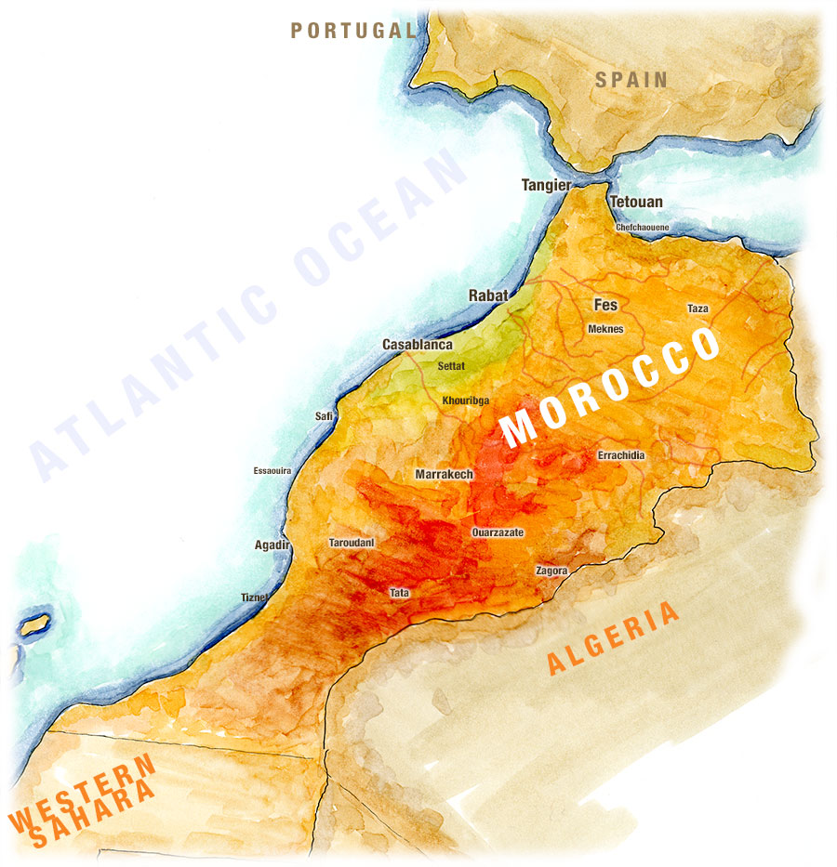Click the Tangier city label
546,185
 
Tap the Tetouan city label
636,202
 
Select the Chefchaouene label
642,227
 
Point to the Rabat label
488,296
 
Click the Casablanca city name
418,345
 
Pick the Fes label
605,304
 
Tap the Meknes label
605,329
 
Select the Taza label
697,309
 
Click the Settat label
451,366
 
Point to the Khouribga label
466,401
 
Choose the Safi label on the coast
324,416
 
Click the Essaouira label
272,471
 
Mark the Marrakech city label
444,474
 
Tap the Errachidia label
620,455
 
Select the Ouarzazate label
498,532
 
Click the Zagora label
551,571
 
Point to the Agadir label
272,545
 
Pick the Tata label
399,592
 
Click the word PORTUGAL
352,31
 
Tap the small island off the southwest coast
35,624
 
